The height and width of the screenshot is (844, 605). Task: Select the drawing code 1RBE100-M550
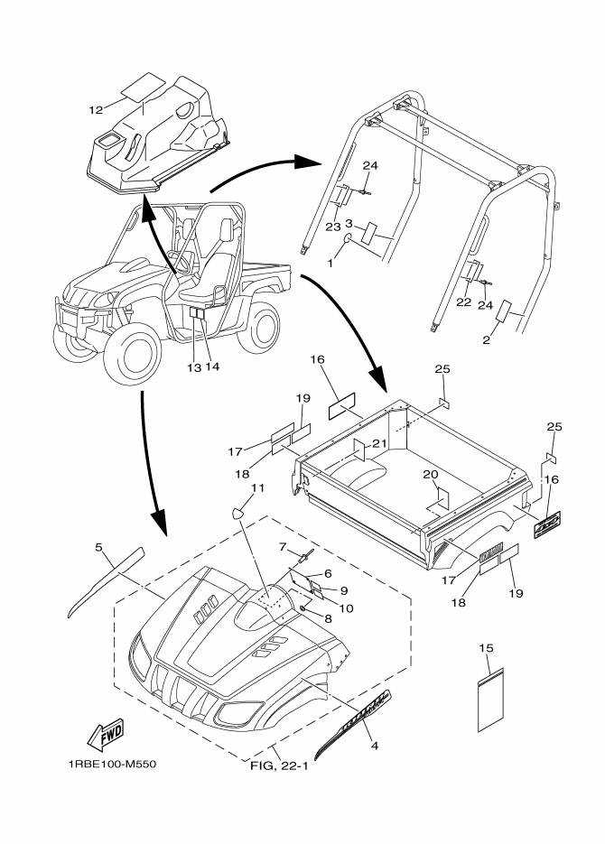(112, 764)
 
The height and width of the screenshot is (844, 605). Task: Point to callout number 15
(487, 649)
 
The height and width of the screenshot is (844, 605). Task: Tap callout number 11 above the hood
(257, 488)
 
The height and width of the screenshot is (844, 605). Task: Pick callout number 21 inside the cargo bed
(380, 442)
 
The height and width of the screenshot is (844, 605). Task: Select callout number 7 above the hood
(282, 546)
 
